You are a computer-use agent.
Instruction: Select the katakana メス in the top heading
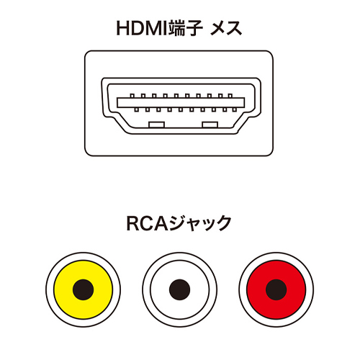[226, 29]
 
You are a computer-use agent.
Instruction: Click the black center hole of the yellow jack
[83, 289]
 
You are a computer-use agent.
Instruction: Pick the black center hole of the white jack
[180, 289]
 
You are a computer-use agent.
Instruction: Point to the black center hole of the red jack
[276, 289]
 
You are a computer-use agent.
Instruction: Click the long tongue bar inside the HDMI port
[181, 102]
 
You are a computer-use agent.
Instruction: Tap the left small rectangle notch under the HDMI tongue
[156, 125]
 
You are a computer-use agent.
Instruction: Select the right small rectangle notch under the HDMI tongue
[210, 125]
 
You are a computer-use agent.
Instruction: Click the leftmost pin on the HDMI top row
[132, 96]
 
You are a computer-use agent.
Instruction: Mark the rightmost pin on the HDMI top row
[230, 96]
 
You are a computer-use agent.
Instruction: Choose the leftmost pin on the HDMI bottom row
[137, 109]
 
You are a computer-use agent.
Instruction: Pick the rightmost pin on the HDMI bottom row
[235, 109]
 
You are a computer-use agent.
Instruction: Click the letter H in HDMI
[122, 29]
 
